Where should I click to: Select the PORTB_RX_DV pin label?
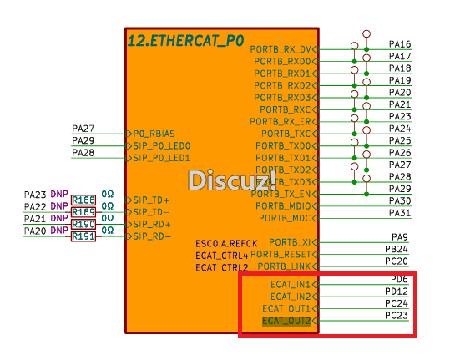[283, 49]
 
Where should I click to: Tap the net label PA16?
[400, 43]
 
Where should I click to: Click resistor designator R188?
[83, 200]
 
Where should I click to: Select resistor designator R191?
[83, 236]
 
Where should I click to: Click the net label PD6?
[399, 279]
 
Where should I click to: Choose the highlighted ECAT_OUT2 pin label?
[286, 321]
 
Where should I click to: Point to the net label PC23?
[397, 316]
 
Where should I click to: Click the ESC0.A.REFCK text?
[221, 242]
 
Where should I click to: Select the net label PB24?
[397, 249]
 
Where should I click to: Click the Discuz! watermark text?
[220, 180]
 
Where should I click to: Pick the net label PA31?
[400, 213]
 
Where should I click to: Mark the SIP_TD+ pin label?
[151, 200]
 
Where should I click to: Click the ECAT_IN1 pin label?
[290, 285]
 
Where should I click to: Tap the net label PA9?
[400, 237]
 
